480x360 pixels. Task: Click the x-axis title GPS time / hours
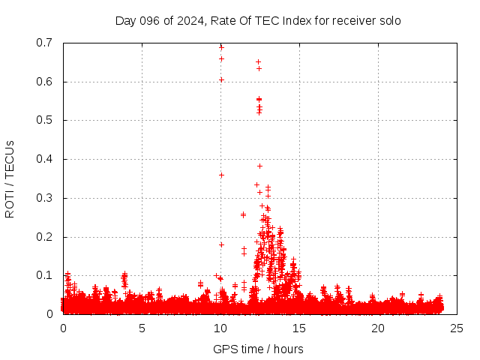[x=259, y=349]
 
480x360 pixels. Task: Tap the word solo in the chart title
[x=388, y=20]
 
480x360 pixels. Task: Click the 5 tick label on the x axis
[x=142, y=328]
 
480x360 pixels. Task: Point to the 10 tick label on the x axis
[x=220, y=328]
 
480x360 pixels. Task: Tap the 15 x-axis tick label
[x=299, y=328]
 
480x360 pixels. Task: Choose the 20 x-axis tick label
[x=378, y=328]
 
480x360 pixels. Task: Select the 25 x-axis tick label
[x=457, y=328]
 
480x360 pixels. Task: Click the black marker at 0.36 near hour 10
[x=221, y=175]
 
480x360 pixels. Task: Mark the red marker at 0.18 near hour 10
[x=221, y=244]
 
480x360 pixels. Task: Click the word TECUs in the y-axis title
[x=10, y=158]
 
